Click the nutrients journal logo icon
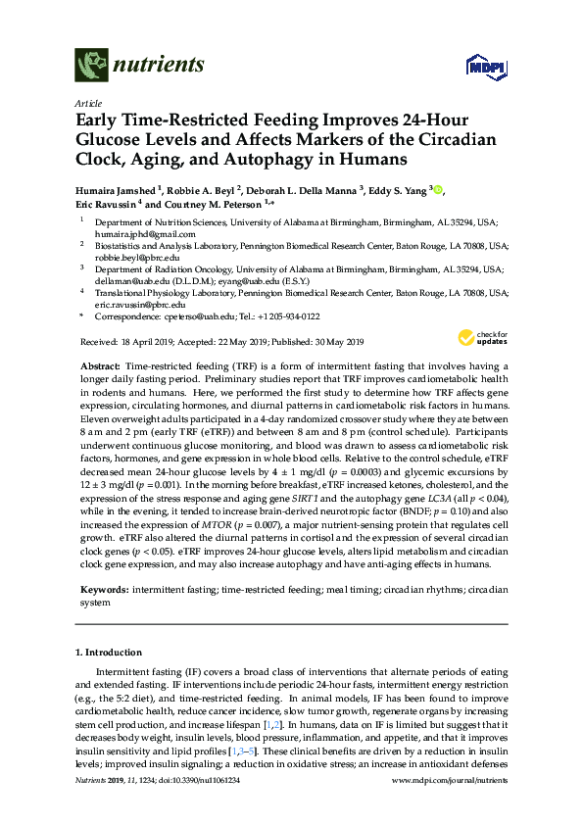91,66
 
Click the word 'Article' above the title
86,103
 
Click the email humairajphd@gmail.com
128,235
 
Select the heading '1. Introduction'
111,651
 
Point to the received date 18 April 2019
144,342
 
